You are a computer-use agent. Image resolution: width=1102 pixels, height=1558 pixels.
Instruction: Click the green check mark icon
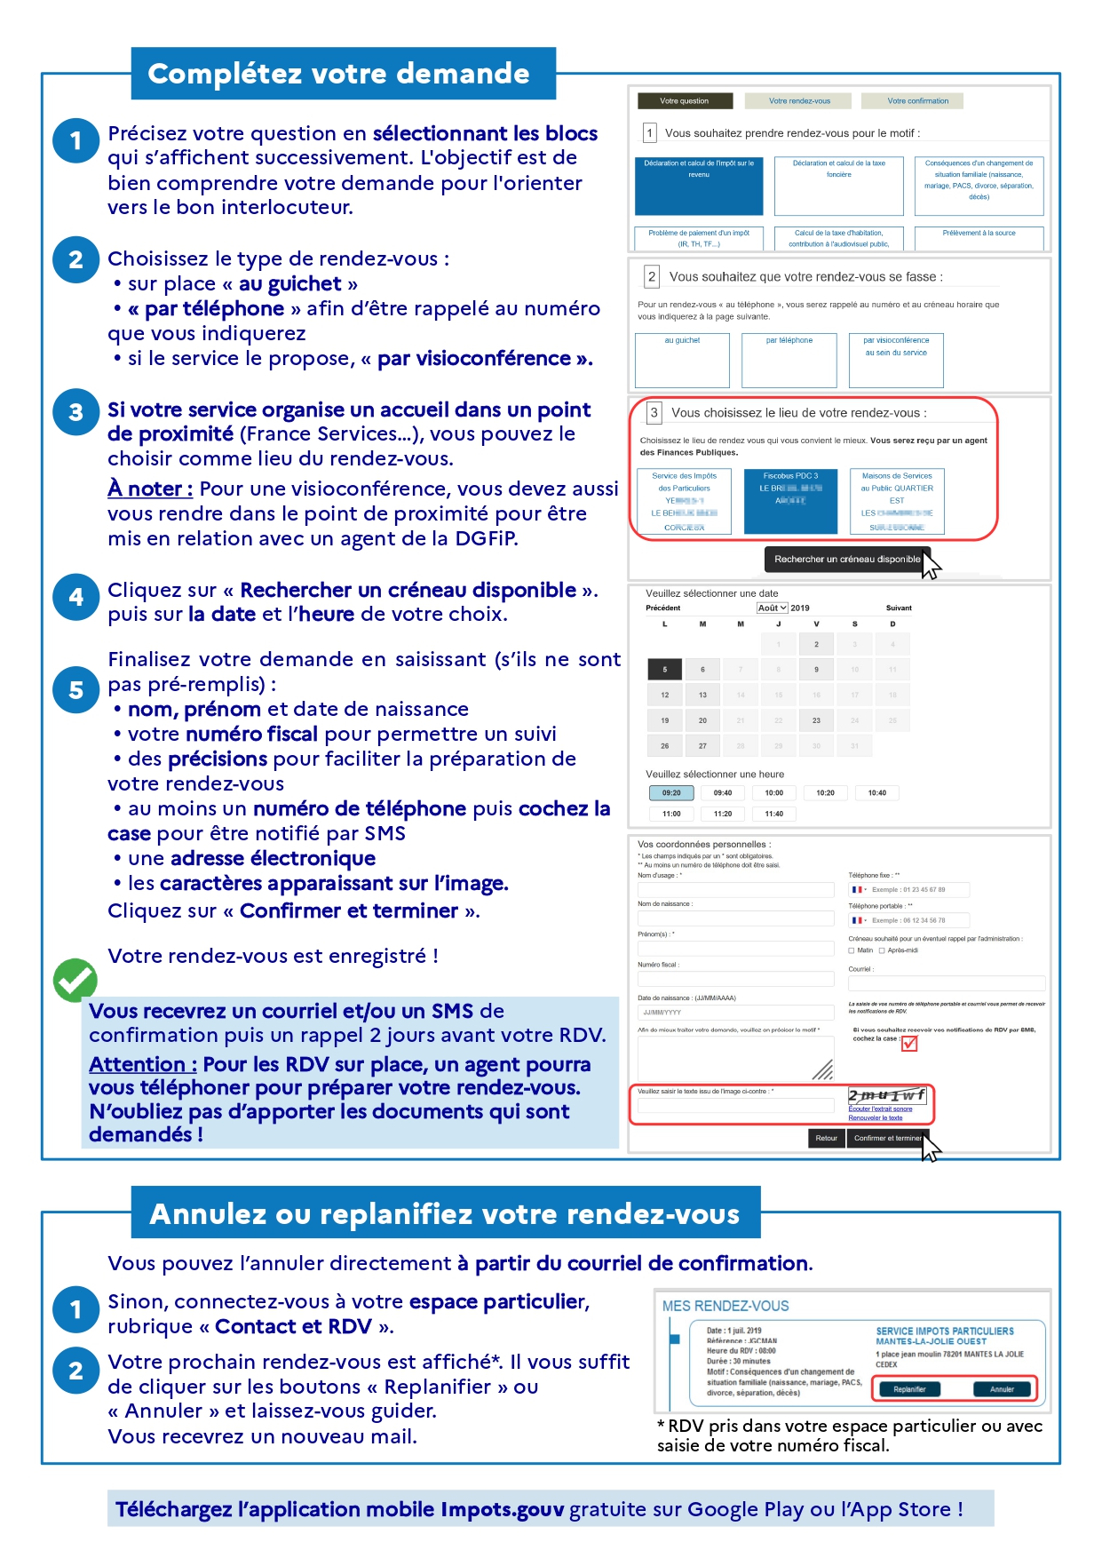[x=75, y=980]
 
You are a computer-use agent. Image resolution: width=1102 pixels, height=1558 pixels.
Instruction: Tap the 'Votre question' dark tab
[x=684, y=101]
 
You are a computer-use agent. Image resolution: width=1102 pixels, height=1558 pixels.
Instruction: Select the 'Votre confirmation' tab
[x=917, y=101]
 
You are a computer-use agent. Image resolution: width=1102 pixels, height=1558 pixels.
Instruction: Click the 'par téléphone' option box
[x=789, y=360]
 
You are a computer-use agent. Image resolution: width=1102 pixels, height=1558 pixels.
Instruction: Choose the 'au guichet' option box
[x=682, y=360]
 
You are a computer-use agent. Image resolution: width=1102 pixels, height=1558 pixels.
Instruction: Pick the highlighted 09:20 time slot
[x=671, y=793]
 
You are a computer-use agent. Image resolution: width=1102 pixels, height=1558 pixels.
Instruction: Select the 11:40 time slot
[x=774, y=814]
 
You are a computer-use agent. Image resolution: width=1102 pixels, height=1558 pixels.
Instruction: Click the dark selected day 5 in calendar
[x=664, y=670]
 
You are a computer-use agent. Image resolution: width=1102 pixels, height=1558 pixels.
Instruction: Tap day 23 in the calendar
[x=816, y=720]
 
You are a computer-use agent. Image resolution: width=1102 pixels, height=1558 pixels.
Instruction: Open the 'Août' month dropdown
[x=772, y=608]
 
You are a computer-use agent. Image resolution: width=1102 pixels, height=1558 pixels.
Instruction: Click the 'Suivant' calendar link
[x=899, y=608]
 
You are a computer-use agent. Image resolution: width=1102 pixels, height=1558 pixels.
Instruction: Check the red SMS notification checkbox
[x=909, y=1044]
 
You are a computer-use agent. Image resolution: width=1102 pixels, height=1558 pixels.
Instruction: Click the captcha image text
[x=886, y=1095]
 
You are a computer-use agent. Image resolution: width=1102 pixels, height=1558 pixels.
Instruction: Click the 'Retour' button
[x=826, y=1138]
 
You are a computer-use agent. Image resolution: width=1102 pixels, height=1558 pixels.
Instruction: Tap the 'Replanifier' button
[x=909, y=1389]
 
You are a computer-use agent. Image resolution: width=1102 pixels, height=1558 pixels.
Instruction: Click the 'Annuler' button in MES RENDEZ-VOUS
[x=1002, y=1389]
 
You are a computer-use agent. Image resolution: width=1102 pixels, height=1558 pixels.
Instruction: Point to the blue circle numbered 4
[x=76, y=597]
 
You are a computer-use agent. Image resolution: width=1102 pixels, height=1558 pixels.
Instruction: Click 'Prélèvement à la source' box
[x=979, y=237]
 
